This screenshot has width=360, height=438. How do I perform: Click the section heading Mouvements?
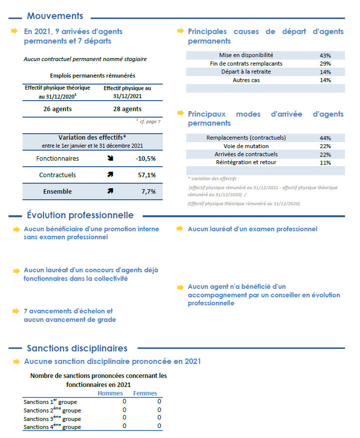(55, 16)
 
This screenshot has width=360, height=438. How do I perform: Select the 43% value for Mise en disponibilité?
(325, 56)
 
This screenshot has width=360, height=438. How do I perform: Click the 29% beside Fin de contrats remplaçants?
(325, 64)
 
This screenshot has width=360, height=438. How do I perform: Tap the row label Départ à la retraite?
(246, 72)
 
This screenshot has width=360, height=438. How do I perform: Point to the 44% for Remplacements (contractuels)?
(325, 138)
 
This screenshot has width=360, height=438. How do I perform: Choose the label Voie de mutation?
(246, 146)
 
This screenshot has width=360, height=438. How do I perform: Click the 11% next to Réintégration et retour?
(325, 163)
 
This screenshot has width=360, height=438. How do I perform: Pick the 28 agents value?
(127, 109)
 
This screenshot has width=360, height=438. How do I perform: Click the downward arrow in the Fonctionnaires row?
(110, 159)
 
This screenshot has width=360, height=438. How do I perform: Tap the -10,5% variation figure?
(146, 159)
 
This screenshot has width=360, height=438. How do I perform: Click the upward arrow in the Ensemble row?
(110, 191)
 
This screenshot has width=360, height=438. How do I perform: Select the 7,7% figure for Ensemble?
(148, 191)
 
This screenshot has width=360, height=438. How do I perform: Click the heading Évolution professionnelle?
(80, 215)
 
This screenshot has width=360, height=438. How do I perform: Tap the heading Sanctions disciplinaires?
(77, 348)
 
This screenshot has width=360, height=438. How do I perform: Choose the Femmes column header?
(145, 393)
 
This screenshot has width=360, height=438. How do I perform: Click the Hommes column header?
(110, 393)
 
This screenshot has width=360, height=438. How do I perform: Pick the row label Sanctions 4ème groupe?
(52, 427)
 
